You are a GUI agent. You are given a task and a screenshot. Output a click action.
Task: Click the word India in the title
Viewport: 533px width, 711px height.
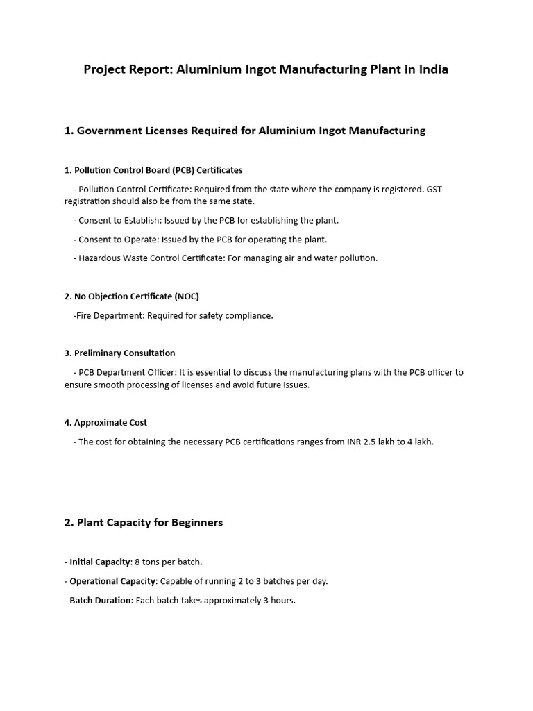(x=432, y=69)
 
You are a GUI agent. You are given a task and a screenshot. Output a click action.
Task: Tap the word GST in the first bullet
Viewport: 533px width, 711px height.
(x=433, y=189)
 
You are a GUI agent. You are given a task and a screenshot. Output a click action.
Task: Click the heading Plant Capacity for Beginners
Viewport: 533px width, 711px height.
(x=149, y=523)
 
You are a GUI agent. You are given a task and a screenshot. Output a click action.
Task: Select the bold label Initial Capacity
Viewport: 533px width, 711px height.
(x=100, y=562)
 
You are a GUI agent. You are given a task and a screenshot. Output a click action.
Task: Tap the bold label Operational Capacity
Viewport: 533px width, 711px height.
(x=113, y=581)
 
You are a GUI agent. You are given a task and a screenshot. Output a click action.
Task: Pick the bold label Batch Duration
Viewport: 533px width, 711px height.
(x=101, y=600)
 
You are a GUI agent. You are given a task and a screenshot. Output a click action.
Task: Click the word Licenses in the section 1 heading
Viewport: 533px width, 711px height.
(x=166, y=131)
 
